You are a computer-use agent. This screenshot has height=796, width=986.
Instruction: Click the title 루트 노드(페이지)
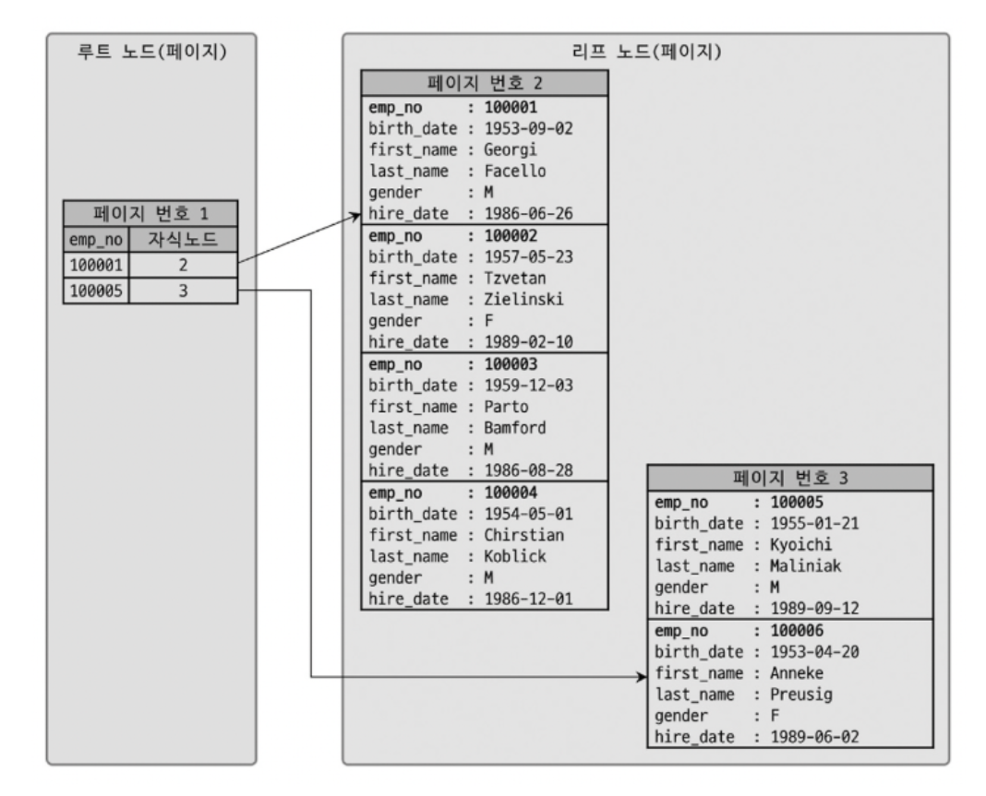click(152, 53)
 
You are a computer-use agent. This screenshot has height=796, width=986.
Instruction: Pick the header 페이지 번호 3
click(790, 480)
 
